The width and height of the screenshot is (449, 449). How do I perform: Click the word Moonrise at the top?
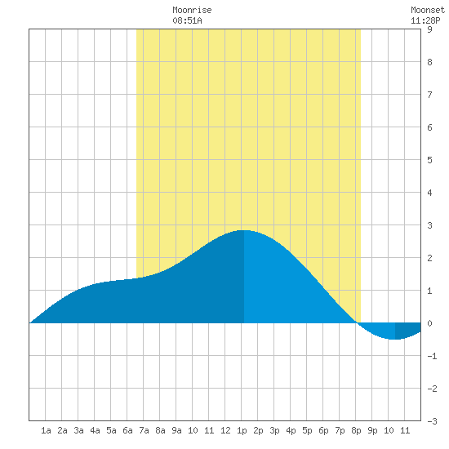pyautogui.click(x=192, y=10)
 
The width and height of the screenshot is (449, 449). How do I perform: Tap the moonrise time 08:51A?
pyautogui.click(x=187, y=20)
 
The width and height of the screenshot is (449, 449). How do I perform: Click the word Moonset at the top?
pyautogui.click(x=428, y=10)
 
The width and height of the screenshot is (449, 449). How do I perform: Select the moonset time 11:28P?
pyautogui.click(x=425, y=20)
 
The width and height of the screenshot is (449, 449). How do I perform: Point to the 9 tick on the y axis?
pyautogui.click(x=429, y=29)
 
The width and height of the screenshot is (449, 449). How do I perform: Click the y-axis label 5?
pyautogui.click(x=429, y=160)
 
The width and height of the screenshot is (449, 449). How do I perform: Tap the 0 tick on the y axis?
pyautogui.click(x=429, y=323)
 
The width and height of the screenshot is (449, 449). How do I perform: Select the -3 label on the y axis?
pyautogui.click(x=432, y=421)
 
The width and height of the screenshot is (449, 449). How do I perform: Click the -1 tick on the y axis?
pyautogui.click(x=432, y=356)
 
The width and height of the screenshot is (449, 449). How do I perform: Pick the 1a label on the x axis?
pyautogui.click(x=46, y=430)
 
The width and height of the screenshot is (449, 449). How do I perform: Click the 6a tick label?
pyautogui.click(x=127, y=430)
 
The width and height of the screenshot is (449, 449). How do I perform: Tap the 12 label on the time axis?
pyautogui.click(x=225, y=430)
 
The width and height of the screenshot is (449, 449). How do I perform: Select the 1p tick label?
pyautogui.click(x=242, y=430)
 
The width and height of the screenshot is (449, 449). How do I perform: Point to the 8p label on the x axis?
pyautogui.click(x=356, y=430)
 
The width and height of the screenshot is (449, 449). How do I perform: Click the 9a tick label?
pyautogui.click(x=176, y=430)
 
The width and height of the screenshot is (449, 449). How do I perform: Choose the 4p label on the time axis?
pyautogui.click(x=291, y=430)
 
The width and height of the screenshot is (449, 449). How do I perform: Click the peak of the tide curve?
pyautogui.click(x=243, y=230)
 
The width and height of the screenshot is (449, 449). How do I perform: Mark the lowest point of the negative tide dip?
pyautogui.click(x=395, y=339)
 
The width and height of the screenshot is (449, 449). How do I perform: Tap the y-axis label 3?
pyautogui.click(x=429, y=225)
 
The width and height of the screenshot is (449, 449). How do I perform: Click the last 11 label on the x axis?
pyautogui.click(x=405, y=430)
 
